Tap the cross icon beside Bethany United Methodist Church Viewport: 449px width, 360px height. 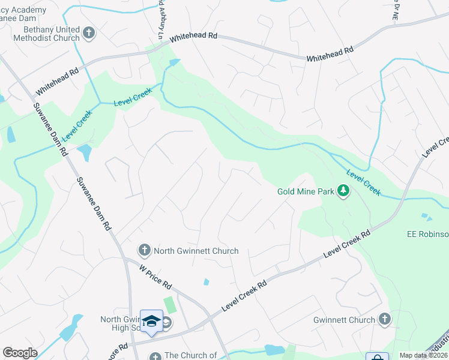pyautogui.click(x=89, y=33)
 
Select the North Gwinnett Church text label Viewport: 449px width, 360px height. pyautogui.click(x=196, y=251)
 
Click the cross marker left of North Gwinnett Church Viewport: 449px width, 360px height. pyautogui.click(x=144, y=250)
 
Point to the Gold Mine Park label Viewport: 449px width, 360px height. pyautogui.click(x=305, y=192)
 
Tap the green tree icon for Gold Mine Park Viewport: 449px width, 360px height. pyautogui.click(x=343, y=191)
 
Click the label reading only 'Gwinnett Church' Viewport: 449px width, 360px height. pyautogui.click(x=343, y=320)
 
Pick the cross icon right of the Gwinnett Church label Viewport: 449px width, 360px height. pyautogui.click(x=384, y=320)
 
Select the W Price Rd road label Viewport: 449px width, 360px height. pyautogui.click(x=155, y=277)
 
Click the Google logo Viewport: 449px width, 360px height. pyautogui.click(x=20, y=353)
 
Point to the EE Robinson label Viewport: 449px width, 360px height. pyautogui.click(x=427, y=234)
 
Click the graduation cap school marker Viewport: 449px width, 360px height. pyautogui.click(x=151, y=322)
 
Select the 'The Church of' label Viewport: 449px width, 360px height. pyautogui.click(x=190, y=355)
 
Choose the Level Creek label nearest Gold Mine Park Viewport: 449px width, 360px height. pyautogui.click(x=363, y=182)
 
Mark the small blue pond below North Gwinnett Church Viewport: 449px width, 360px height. pyautogui.click(x=206, y=281)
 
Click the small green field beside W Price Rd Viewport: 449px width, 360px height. pyautogui.click(x=170, y=304)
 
